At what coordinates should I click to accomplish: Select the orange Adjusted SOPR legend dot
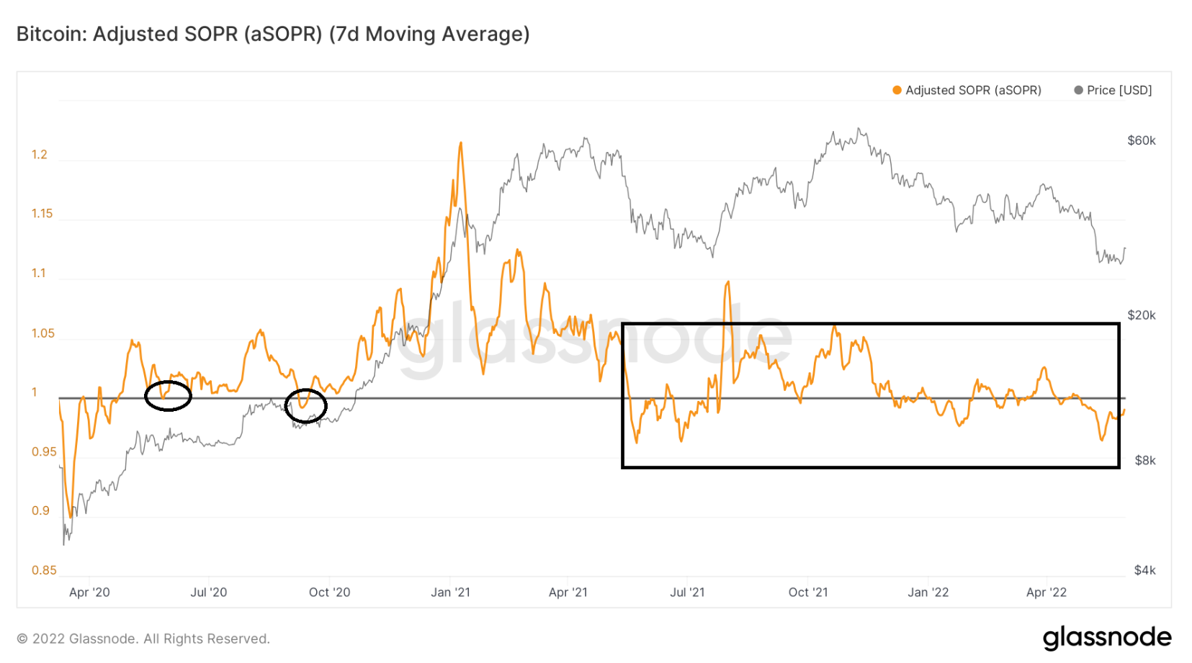897,90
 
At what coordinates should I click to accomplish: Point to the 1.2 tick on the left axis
40,155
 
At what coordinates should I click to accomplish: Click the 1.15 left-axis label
42,214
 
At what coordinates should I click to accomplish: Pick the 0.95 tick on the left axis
43,452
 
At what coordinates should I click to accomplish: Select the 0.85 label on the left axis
43,570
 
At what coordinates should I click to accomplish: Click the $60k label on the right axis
1141,140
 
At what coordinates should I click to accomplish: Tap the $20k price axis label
1141,315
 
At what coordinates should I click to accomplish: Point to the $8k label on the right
1144,461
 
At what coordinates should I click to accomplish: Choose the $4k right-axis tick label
1144,570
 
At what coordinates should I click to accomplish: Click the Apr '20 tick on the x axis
89,592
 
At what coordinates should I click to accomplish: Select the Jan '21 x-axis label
450,592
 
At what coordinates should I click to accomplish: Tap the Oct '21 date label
808,592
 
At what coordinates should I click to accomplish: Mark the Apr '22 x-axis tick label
1046,592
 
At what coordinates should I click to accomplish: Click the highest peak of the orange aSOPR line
460,143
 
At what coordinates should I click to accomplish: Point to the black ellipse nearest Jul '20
168,396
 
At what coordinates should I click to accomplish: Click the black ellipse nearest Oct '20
305,406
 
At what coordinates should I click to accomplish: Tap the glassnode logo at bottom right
1106,638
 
